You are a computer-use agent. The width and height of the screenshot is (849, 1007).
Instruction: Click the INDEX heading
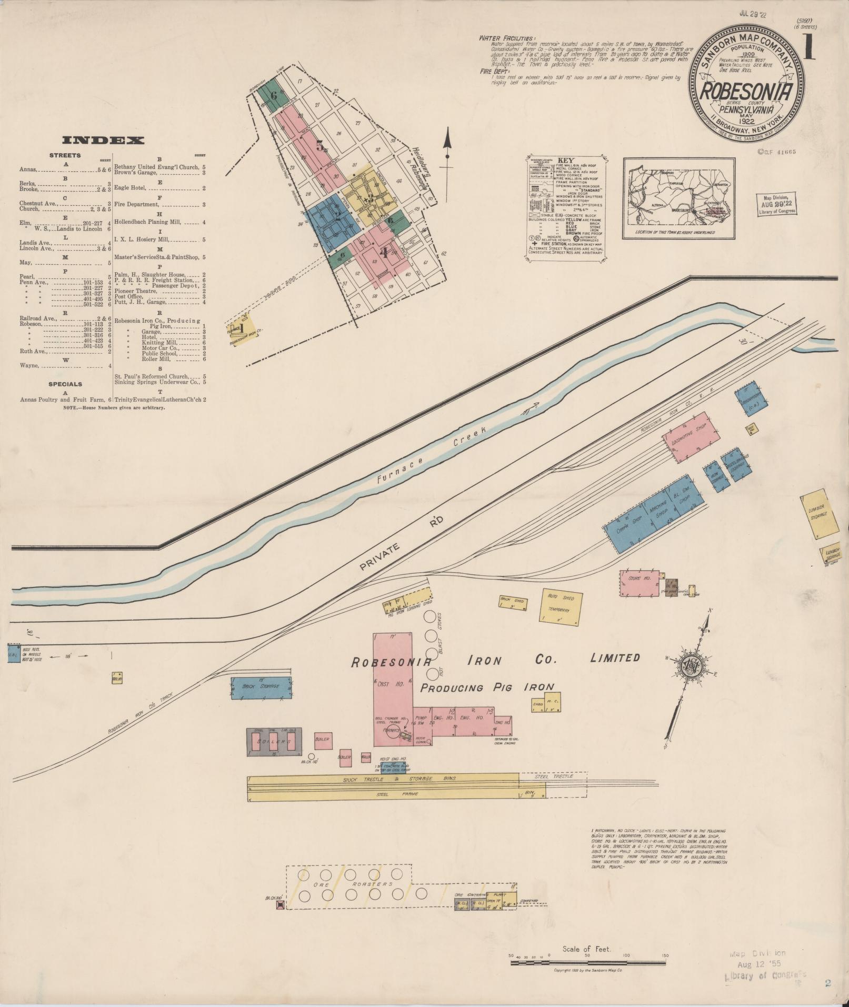click(x=103, y=140)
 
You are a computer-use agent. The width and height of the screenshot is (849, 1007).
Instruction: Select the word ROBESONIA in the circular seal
click(x=746, y=92)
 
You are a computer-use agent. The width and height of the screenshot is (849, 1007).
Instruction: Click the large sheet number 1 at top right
click(x=809, y=48)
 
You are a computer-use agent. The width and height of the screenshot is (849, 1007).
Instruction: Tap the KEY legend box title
click(x=565, y=161)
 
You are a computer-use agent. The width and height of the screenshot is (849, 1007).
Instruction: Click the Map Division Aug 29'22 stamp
click(x=777, y=204)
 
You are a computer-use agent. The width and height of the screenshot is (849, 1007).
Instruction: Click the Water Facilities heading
click(x=507, y=38)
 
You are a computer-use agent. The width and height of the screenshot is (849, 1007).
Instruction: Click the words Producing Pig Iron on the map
click(x=487, y=687)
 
